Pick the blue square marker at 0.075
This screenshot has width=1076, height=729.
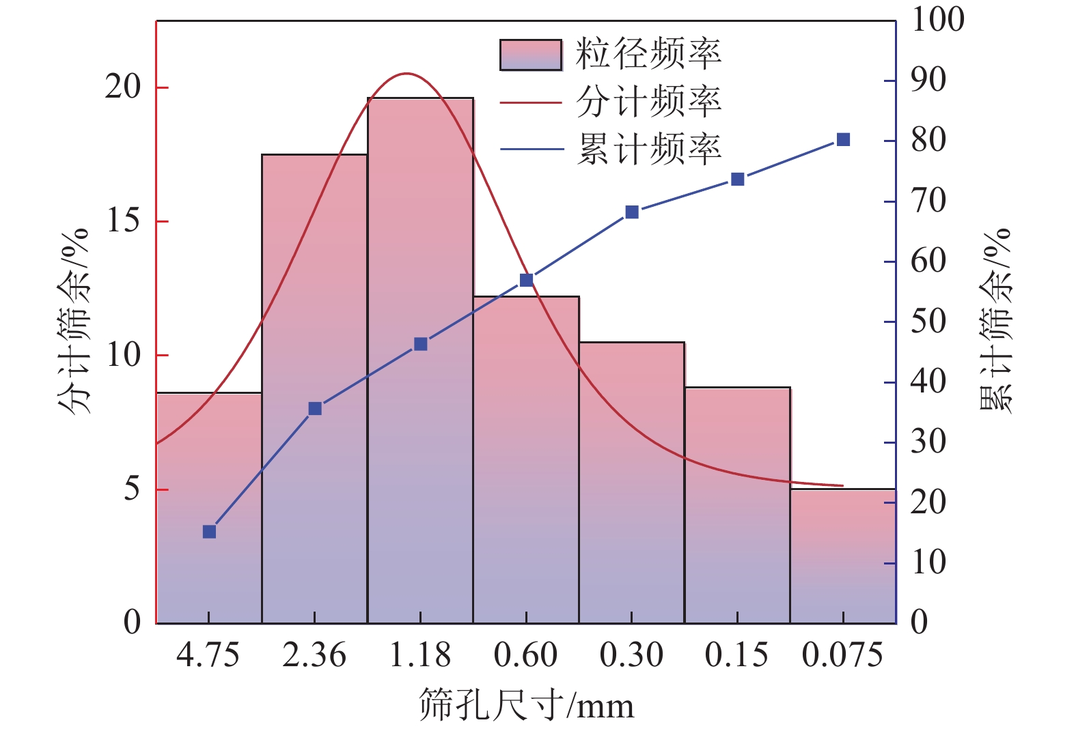coord(843,140)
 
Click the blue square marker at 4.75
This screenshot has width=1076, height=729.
coord(209,532)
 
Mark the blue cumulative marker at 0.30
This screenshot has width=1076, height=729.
coord(632,212)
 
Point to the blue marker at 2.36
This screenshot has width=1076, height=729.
coord(315,409)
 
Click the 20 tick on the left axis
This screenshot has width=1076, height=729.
coord(122,87)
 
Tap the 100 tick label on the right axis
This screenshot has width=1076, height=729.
coord(937,19)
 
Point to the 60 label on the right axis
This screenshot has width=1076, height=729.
coord(928,261)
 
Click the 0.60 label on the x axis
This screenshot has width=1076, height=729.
coord(525,655)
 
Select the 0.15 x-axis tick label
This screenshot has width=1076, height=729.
coord(736,655)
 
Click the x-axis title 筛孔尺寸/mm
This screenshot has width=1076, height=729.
coord(526,705)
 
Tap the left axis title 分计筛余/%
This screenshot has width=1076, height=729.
coord(74,321)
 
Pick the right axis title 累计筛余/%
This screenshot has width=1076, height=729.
coord(995,321)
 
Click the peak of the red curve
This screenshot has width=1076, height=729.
coord(406,73)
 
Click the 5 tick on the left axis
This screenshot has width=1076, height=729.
coord(131,489)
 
